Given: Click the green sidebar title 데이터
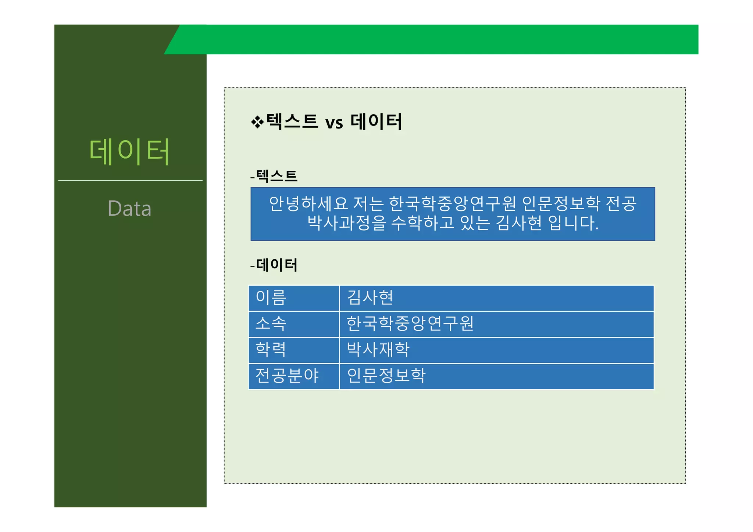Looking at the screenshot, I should coord(129,151).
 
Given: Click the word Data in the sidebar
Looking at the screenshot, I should coord(129,209).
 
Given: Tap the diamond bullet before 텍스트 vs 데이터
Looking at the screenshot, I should coord(257,122).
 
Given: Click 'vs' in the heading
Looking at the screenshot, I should coord(334,123).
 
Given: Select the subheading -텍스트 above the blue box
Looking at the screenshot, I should coord(274,176).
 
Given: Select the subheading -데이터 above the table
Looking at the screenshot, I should coord(274,265).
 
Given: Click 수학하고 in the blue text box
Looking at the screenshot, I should coord(422,223).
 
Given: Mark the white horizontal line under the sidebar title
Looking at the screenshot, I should coord(130,181).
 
